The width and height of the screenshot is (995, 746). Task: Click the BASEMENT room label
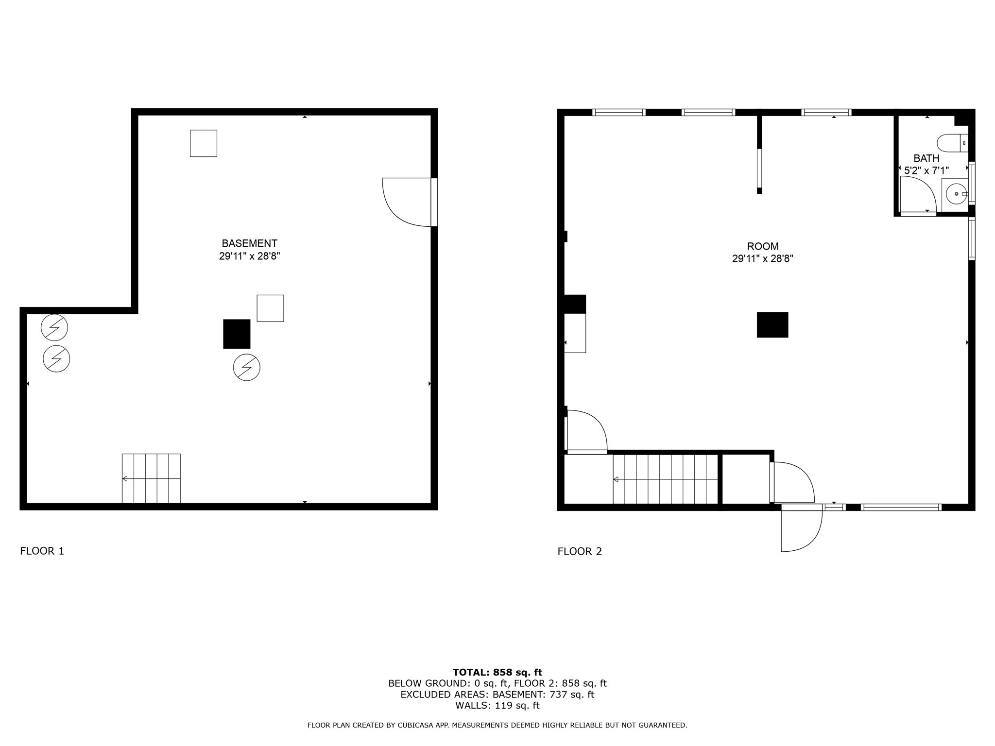[x=249, y=243]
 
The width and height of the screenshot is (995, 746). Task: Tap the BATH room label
[x=926, y=158]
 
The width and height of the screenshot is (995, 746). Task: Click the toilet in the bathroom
[x=953, y=143]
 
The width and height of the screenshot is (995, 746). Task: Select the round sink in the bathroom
[x=956, y=194]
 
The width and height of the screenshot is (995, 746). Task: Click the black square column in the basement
[x=237, y=334]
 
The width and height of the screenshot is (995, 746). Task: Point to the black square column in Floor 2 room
[x=772, y=324]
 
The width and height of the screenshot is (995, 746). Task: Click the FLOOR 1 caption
[x=42, y=551]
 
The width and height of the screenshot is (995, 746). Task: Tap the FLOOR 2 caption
[x=580, y=551]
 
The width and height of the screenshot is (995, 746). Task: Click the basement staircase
[x=151, y=478]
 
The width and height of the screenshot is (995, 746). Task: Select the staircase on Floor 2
[x=666, y=479]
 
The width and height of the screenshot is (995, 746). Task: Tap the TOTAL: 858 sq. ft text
[x=497, y=672]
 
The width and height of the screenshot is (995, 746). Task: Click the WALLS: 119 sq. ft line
[x=497, y=706]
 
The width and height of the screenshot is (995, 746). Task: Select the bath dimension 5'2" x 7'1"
[x=926, y=170]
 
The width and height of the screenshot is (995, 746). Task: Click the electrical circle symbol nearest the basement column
[x=247, y=367]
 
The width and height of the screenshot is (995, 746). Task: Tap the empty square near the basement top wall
[x=204, y=143]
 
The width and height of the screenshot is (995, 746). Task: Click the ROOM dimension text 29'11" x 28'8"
[x=763, y=258]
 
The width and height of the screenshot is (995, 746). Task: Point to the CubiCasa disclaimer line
[x=497, y=726]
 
